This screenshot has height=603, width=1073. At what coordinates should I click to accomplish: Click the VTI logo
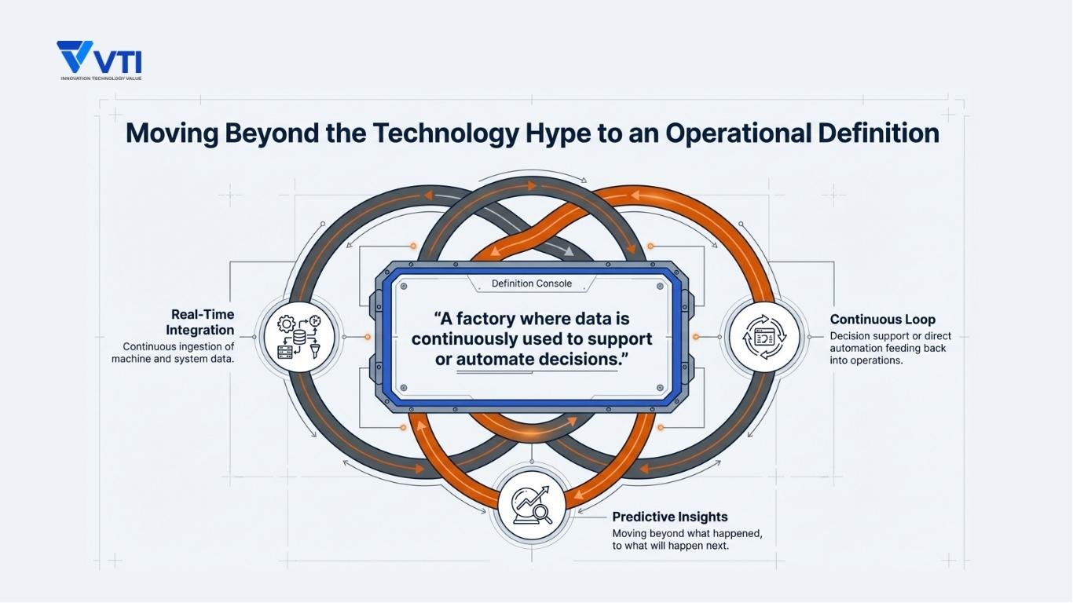[99, 58]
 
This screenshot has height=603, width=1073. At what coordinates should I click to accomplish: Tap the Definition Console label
[532, 283]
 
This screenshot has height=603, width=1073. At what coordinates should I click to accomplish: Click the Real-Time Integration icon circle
[299, 337]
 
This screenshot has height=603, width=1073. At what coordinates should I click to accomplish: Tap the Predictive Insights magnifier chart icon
[532, 503]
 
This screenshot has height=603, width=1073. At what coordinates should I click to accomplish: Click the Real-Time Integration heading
[201, 322]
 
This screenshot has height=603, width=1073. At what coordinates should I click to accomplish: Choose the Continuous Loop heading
[882, 320]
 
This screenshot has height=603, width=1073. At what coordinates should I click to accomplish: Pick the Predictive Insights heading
[669, 517]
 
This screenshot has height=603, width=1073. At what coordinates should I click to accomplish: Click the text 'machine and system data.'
[173, 359]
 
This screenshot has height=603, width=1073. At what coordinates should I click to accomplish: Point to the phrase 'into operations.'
[866, 360]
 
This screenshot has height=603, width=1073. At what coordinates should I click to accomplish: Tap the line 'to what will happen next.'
[670, 546]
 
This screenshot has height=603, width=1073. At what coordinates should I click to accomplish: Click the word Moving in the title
[171, 133]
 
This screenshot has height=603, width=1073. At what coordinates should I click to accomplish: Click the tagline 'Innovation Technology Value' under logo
[101, 79]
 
